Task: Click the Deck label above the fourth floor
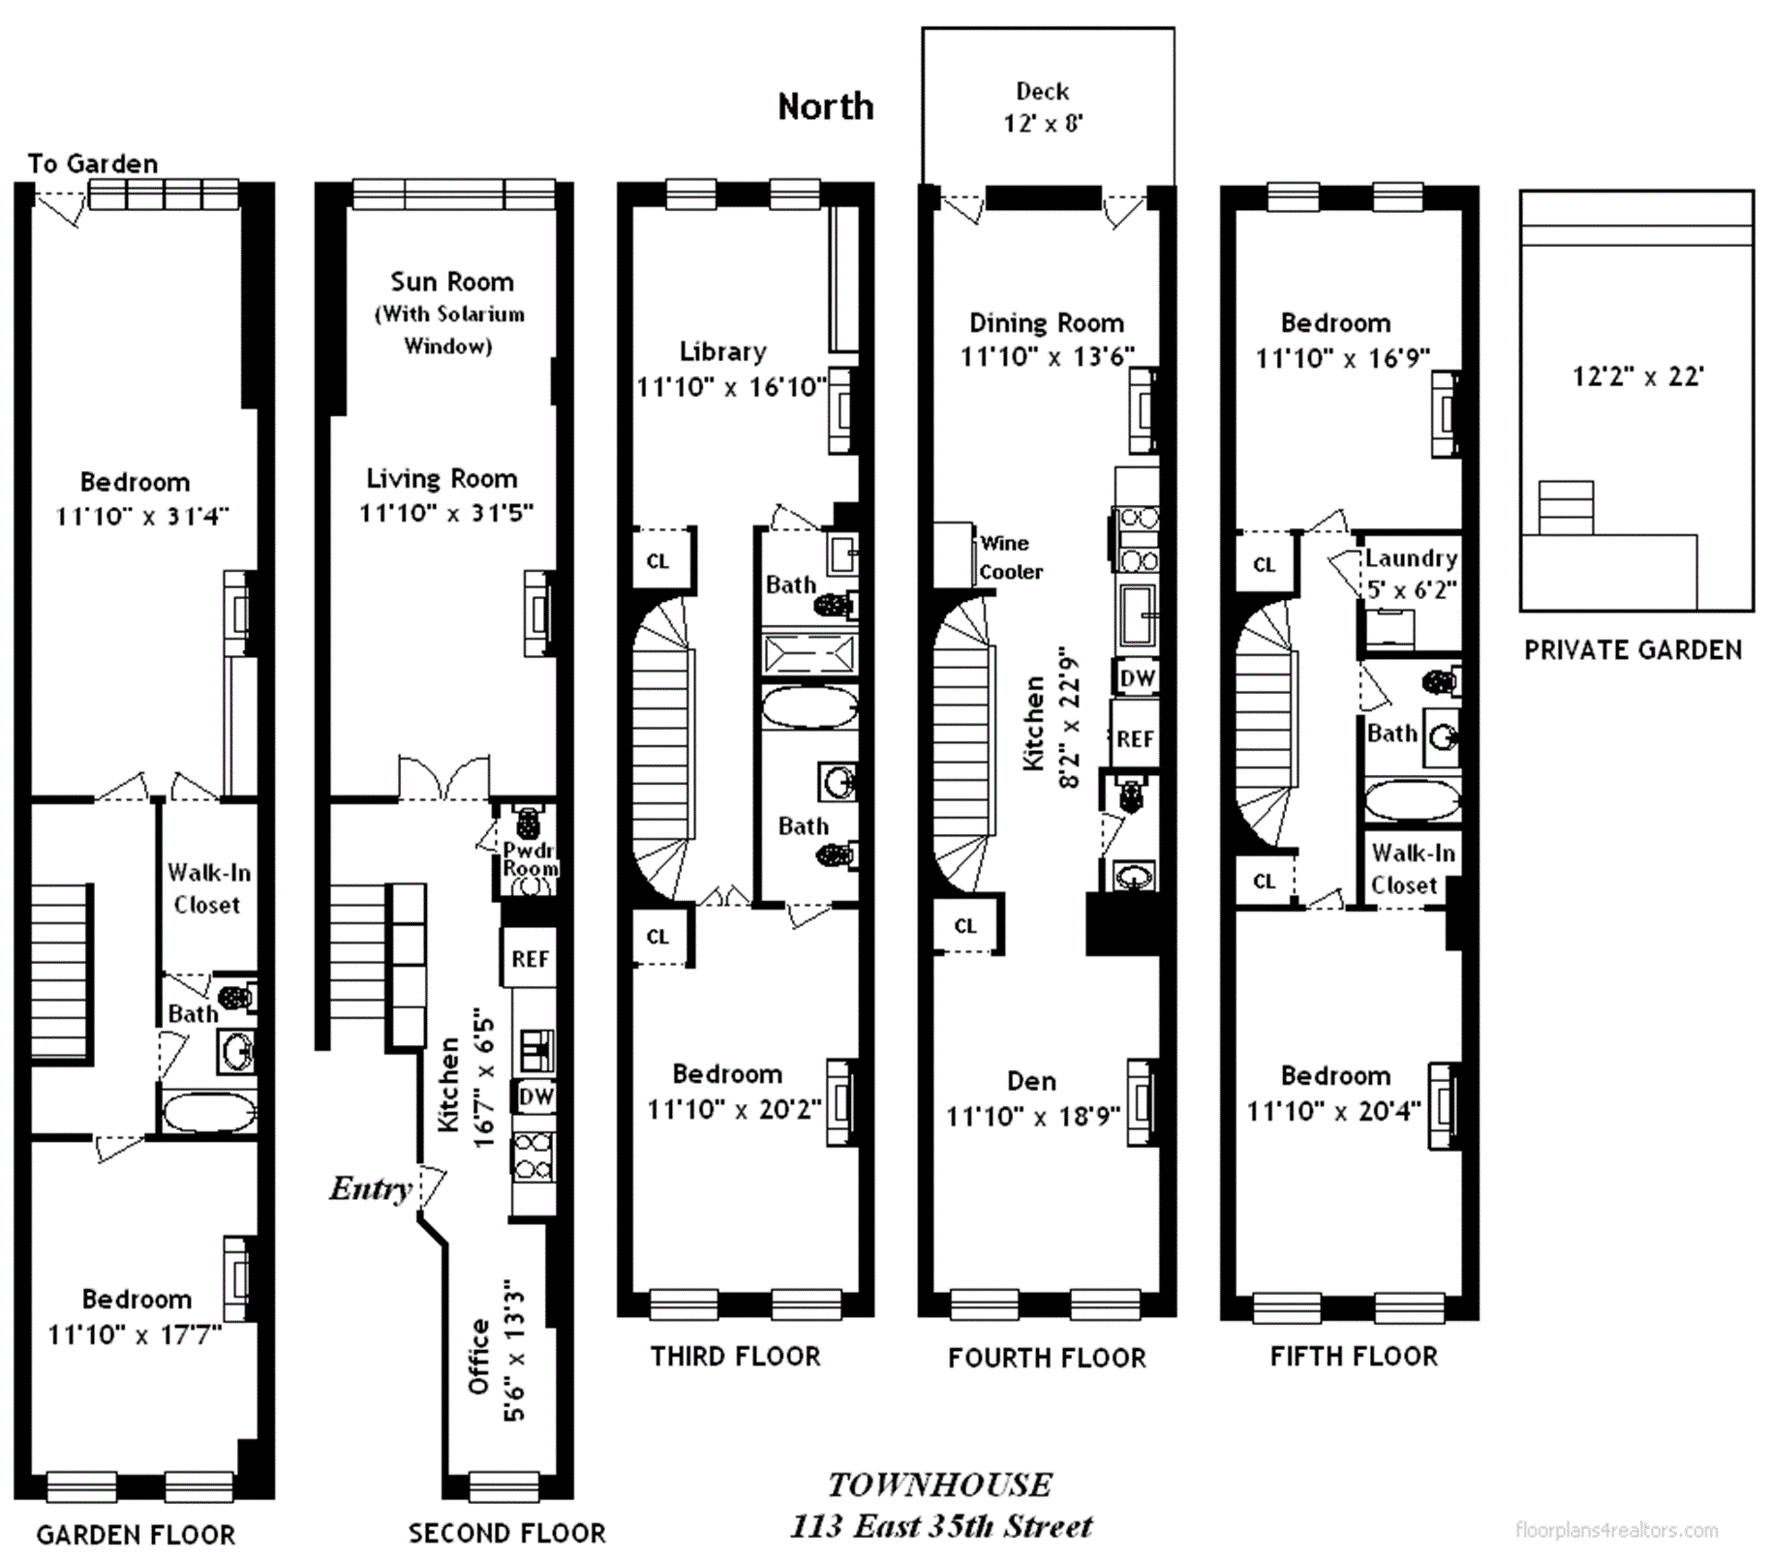click(x=1043, y=92)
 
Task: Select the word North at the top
click(x=825, y=107)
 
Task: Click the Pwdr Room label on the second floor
click(x=530, y=859)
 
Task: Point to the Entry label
click(x=370, y=1189)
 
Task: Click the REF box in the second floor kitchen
click(x=530, y=958)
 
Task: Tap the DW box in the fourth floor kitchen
click(x=1137, y=678)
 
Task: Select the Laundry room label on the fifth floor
click(x=1410, y=558)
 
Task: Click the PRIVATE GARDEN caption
click(x=1633, y=651)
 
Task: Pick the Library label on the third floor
click(x=723, y=351)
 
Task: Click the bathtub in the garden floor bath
click(x=209, y=1112)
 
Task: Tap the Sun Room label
click(x=451, y=282)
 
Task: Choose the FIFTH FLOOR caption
click(x=1353, y=1356)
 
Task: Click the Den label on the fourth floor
click(x=1032, y=1081)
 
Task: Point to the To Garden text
click(x=92, y=164)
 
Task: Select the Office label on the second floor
click(x=478, y=1356)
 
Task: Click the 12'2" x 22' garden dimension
click(x=1637, y=376)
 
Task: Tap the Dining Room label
click(x=1046, y=323)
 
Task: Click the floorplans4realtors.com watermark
click(x=1616, y=1531)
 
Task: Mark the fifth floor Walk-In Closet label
click(x=1411, y=869)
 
